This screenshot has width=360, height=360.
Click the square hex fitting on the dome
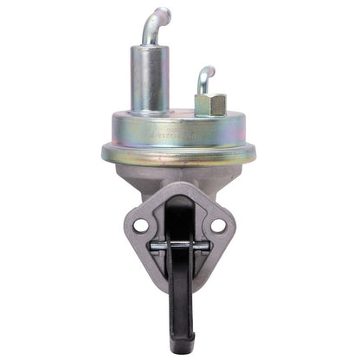tap(210, 105)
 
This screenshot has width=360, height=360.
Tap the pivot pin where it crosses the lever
tap(179, 246)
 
